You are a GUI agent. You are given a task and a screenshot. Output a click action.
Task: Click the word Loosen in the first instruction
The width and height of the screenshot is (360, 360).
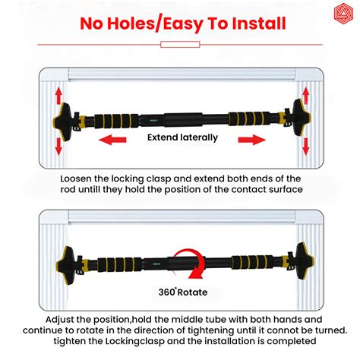(x=79, y=177)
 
